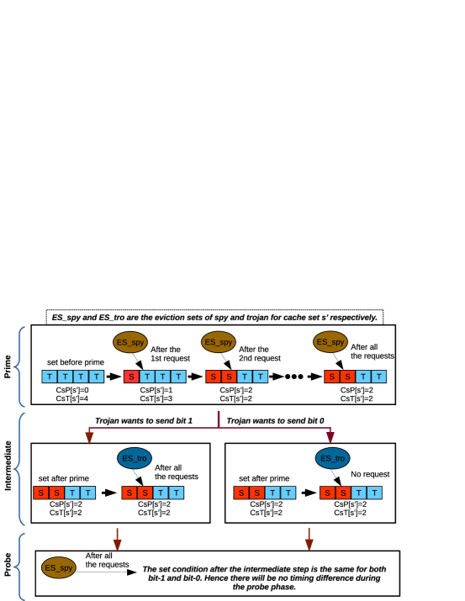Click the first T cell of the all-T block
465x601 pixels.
coord(50,377)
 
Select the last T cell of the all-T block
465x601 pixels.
coord(97,377)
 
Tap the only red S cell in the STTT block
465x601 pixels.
coord(131,377)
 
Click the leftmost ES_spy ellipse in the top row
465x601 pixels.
coord(130,342)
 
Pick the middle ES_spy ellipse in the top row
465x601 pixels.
coord(219,342)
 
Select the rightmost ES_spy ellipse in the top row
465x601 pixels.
coord(330,342)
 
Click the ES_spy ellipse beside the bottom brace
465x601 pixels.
coord(59,567)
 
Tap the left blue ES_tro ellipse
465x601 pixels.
coord(135,458)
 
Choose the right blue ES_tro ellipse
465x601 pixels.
coord(332,458)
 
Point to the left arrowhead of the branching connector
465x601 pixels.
coord(89,438)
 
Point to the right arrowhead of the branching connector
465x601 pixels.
coord(330,438)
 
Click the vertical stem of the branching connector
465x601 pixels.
coord(219,419)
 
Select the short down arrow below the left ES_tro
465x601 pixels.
coord(117,540)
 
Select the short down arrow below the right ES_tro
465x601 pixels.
coord(309,540)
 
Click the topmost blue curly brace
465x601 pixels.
coord(18,366)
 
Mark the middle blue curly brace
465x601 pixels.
coord(18,468)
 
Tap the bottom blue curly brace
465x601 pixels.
coord(18,567)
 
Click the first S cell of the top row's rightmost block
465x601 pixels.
coord(332,377)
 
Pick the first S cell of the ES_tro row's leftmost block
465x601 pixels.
coord(41,493)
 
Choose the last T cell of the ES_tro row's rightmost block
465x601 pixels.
coord(374,493)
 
